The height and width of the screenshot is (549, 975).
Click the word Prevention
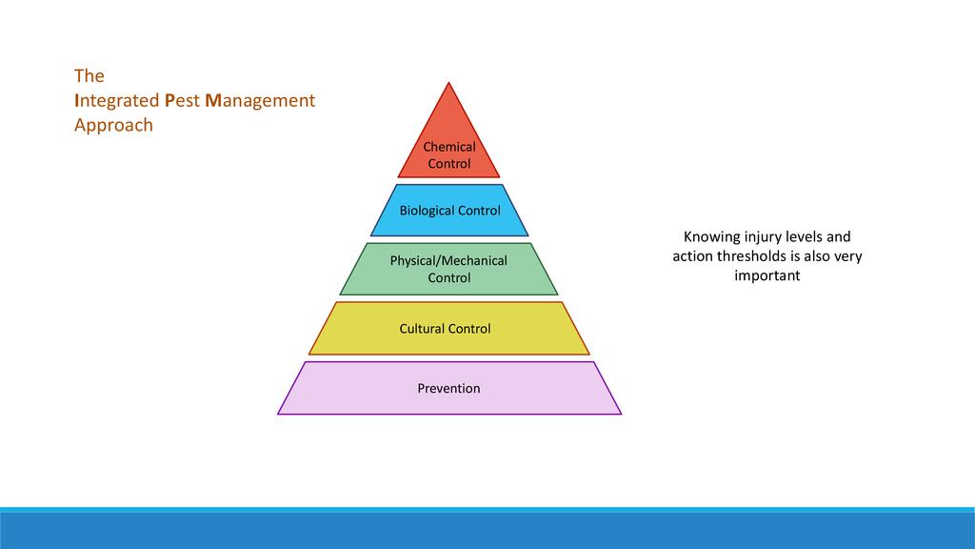pyautogui.click(x=448, y=388)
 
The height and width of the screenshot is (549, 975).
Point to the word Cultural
pyautogui.click(x=422, y=328)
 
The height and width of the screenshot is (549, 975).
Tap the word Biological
pyautogui.click(x=425, y=210)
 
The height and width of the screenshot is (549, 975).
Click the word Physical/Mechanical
pyautogui.click(x=448, y=260)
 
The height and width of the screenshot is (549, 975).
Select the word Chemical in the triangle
pyautogui.click(x=448, y=147)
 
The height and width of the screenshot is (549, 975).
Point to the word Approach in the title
pyautogui.click(x=113, y=125)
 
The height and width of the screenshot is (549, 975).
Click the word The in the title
pyautogui.click(x=90, y=75)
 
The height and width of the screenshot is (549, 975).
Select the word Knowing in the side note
pyautogui.click(x=713, y=236)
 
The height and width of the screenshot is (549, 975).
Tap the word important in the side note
pyautogui.click(x=766, y=275)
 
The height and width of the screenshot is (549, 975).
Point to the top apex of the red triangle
pyautogui.click(x=448, y=84)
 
